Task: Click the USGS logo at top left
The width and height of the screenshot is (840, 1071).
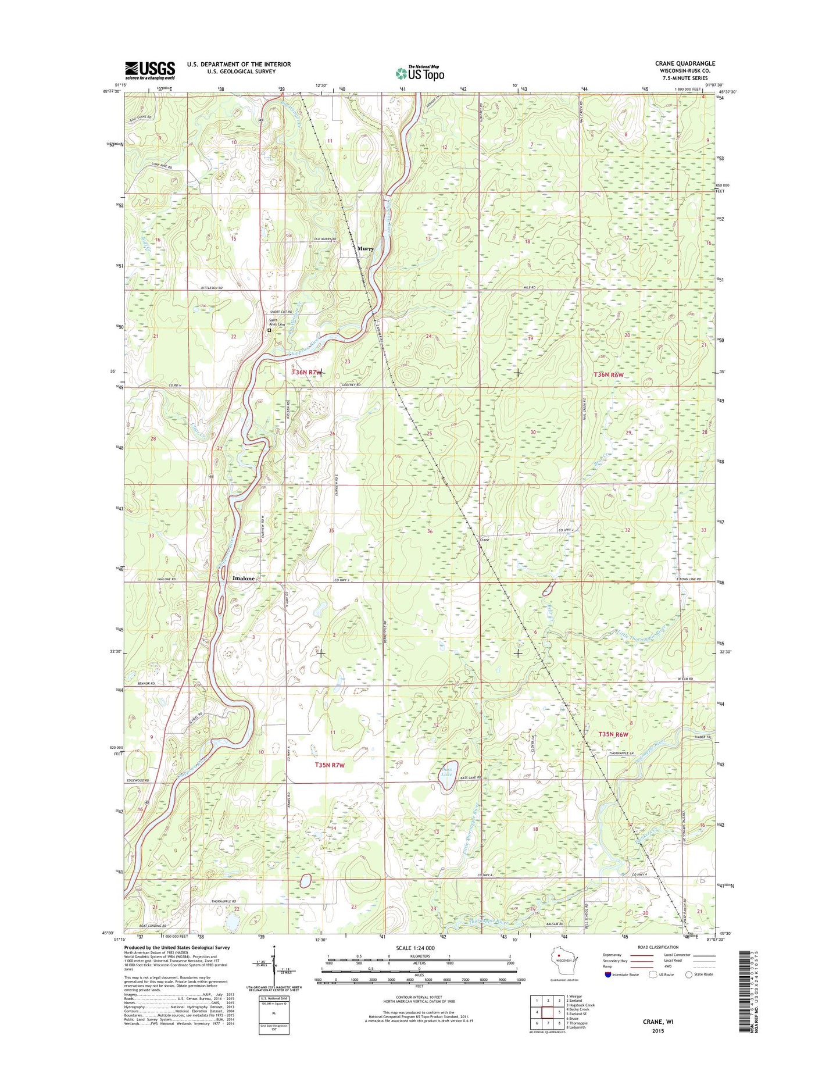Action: tap(149, 70)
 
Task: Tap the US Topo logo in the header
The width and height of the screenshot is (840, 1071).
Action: tap(420, 73)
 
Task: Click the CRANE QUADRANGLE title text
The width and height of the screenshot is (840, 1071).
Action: tap(685, 63)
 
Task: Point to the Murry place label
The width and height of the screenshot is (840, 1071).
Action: tap(366, 248)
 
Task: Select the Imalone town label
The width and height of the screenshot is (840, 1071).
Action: tap(244, 579)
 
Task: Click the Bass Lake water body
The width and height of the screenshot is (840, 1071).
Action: tap(448, 775)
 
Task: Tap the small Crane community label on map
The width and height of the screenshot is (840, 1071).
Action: tap(484, 540)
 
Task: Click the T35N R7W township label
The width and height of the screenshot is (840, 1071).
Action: tap(330, 765)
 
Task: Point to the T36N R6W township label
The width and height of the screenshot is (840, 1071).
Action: tap(609, 375)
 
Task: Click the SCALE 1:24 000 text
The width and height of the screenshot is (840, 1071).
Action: tap(415, 948)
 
